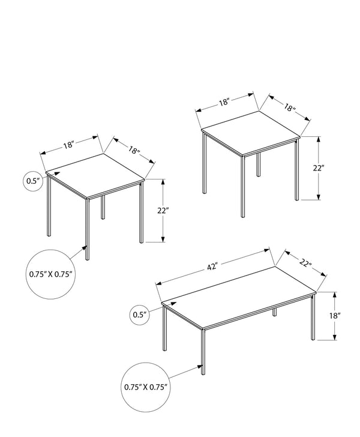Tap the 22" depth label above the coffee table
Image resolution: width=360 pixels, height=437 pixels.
pyautogui.click(x=307, y=262)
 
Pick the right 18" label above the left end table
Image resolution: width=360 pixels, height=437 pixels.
pyautogui.click(x=134, y=149)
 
